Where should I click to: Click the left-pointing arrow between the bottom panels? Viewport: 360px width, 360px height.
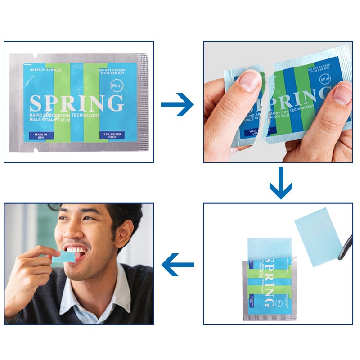click(x=178, y=265)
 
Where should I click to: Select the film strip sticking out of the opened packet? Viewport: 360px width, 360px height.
click(x=270, y=248)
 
